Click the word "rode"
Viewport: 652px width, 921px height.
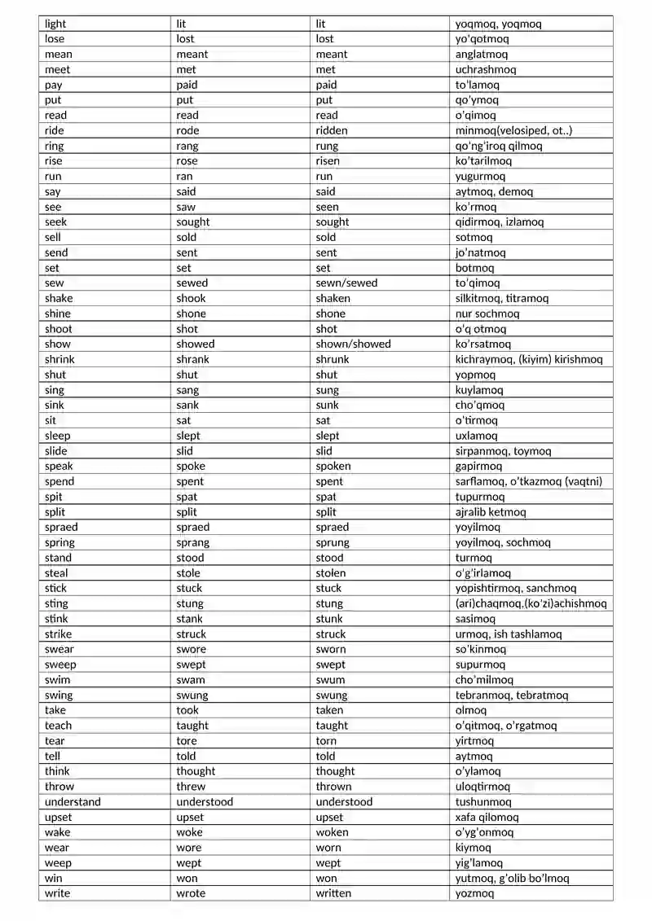pos(187,130)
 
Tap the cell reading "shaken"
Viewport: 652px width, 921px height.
pos(333,298)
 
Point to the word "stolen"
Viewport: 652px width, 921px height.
pos(333,573)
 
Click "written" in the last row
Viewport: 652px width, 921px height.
pos(334,893)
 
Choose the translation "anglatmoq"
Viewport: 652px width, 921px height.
pos(482,55)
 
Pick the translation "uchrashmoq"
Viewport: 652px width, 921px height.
pos(486,69)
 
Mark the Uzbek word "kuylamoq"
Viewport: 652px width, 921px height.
pos(479,390)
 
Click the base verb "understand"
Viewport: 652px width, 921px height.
pos(73,802)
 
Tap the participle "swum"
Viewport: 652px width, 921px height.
pos(330,680)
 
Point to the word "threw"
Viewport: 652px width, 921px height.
pos(191,787)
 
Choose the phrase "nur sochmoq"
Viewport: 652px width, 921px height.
pos(487,314)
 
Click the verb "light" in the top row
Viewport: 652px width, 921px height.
pos(55,24)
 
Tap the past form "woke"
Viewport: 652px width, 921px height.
pos(189,832)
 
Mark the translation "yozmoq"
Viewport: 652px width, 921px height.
pos(474,893)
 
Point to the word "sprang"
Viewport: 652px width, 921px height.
pos(192,542)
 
